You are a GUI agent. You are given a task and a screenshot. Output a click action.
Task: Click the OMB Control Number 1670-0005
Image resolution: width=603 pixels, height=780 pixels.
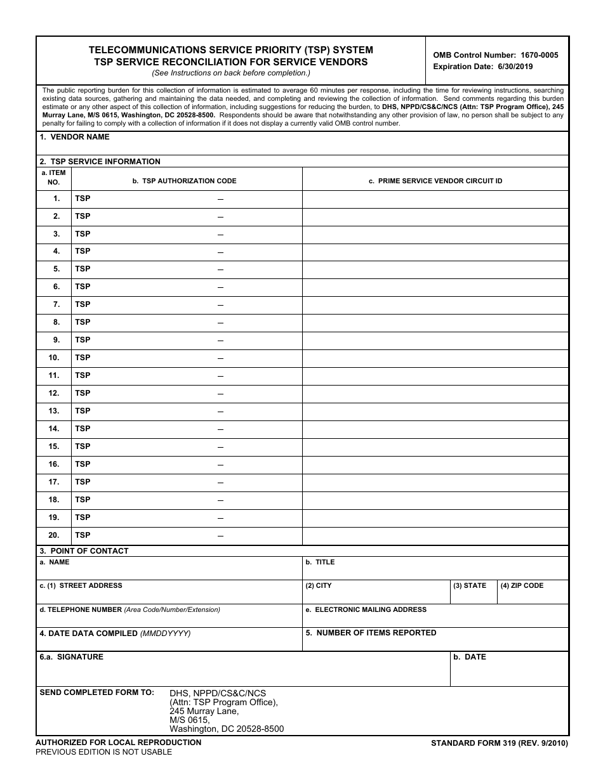(496, 55)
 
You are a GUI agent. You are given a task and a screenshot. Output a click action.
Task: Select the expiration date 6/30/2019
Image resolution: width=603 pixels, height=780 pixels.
(482, 67)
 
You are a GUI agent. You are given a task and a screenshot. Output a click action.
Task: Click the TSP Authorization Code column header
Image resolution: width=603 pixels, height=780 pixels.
(184, 181)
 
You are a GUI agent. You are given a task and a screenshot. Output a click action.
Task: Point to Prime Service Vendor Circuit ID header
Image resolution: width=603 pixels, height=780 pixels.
(435, 181)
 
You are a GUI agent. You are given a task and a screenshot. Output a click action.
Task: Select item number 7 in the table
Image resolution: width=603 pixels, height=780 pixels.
(56, 304)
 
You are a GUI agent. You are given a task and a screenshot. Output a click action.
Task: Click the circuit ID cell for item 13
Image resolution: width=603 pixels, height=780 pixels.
(435, 411)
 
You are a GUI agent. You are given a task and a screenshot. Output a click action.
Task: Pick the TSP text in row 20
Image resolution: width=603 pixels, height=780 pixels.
(83, 535)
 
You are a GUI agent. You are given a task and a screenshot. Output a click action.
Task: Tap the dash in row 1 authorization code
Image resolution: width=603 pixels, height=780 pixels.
(220, 199)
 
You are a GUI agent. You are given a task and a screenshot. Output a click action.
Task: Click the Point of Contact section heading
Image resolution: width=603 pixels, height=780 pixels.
(84, 551)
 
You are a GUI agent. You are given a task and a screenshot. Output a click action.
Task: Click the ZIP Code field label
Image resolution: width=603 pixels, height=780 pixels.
(522, 586)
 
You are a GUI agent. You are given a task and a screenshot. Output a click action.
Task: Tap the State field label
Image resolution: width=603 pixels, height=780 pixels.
(470, 586)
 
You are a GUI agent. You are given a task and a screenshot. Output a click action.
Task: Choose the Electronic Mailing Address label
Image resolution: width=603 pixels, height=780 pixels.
(366, 610)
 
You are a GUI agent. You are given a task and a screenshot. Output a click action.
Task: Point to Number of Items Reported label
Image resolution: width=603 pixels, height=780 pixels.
(371, 633)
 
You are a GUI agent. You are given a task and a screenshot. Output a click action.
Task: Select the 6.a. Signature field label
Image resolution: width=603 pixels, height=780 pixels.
(71, 657)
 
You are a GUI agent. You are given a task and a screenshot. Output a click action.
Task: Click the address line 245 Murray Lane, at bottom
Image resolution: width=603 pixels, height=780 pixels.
(204, 712)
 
